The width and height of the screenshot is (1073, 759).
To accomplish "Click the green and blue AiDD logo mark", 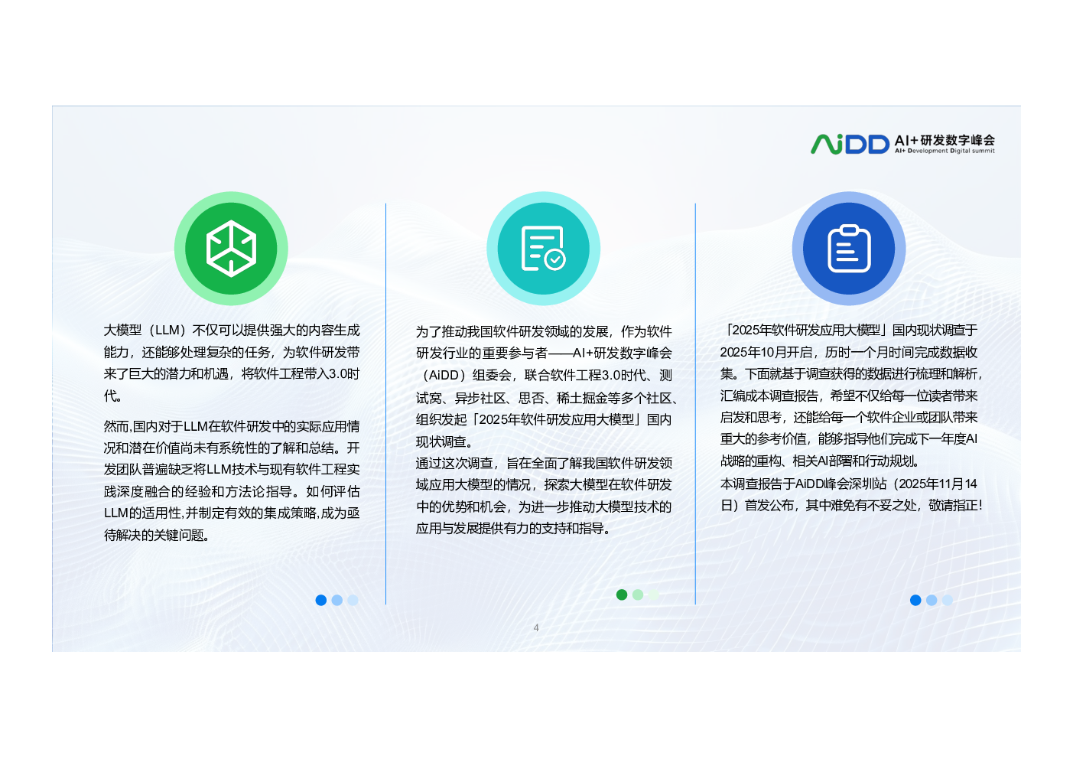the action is click(849, 144).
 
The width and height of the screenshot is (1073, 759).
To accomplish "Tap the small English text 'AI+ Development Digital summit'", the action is click(945, 151).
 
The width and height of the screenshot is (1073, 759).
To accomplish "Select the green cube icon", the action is click(231, 248).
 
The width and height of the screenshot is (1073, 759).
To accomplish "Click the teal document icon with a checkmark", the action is click(543, 248).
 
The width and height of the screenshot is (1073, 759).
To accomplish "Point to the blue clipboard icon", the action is click(849, 248).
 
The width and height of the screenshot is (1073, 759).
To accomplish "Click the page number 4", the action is click(536, 627).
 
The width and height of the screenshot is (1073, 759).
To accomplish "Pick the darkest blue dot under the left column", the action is click(321, 600).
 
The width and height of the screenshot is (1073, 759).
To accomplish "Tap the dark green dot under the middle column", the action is click(622, 594).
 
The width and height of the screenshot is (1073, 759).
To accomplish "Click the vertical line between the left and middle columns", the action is click(385, 404).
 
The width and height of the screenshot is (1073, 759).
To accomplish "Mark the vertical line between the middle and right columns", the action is click(695, 404).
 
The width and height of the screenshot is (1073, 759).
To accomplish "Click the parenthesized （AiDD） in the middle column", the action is click(441, 375).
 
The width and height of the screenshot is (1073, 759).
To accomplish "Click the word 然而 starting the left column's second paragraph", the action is click(116, 426).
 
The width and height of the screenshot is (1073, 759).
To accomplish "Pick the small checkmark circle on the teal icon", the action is click(555, 259).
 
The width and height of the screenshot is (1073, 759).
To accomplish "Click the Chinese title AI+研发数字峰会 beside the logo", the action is click(945, 140).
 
